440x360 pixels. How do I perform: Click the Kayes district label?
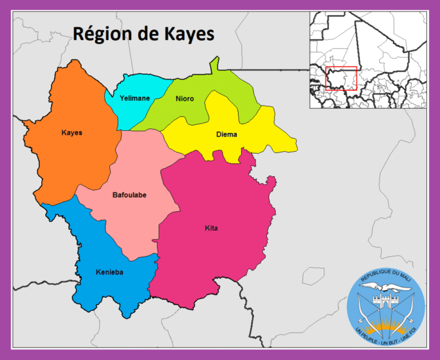click(72, 133)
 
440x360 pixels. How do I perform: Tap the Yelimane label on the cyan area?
click(135, 98)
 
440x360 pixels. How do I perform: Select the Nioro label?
click(184, 99)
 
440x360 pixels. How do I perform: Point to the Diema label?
click(226, 135)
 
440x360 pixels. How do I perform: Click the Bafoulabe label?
click(129, 195)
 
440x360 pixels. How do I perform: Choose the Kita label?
click(211, 228)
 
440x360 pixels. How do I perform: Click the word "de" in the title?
click(148, 34)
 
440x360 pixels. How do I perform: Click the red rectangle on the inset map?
click(341, 78)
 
